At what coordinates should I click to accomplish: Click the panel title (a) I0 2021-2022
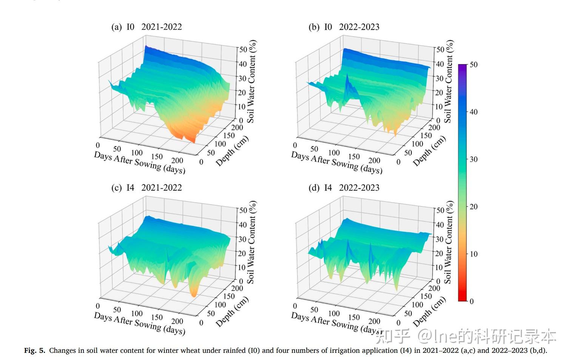(147, 27)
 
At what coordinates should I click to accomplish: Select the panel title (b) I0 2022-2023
(344, 27)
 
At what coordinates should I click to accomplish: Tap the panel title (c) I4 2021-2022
(147, 188)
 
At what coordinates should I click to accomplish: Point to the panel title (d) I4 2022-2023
(344, 188)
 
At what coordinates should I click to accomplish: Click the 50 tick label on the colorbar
(474, 65)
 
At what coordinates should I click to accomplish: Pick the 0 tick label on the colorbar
(471, 301)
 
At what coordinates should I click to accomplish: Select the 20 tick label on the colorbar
(474, 207)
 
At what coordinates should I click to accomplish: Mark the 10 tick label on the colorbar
(474, 254)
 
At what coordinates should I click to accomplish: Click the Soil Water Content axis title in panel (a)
(252, 81)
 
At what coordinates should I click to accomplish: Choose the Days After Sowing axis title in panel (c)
(139, 323)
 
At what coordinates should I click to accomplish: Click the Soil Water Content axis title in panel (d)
(448, 242)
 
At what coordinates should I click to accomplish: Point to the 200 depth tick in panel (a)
(237, 127)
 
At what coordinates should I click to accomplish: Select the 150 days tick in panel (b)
(354, 157)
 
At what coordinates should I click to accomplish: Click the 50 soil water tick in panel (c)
(242, 210)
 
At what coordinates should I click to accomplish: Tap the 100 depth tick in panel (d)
(417, 304)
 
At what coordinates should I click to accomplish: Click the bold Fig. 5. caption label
(35, 351)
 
